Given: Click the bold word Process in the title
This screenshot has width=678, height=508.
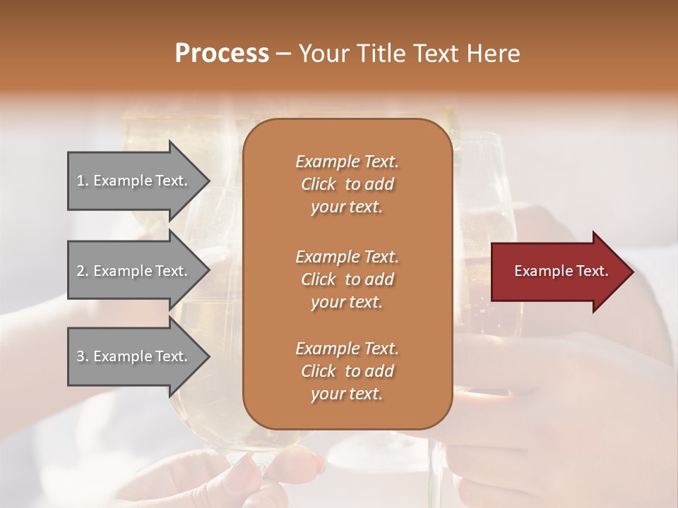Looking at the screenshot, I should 222,54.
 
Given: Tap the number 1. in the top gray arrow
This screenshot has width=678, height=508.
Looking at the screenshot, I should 83,181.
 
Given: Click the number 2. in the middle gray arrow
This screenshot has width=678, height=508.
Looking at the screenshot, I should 83,271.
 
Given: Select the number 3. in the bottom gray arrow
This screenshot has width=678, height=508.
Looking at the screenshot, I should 83,356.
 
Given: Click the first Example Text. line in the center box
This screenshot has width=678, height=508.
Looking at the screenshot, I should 347,162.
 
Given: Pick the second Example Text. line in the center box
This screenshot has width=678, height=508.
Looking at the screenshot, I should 347,256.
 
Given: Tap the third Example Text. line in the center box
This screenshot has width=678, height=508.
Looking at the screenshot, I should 347,349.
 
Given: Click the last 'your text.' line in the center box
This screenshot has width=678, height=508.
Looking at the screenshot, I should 347,394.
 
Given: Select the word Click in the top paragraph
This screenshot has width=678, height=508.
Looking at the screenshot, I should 318,184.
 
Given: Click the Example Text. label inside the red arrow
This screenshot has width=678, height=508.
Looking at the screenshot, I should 561,271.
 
